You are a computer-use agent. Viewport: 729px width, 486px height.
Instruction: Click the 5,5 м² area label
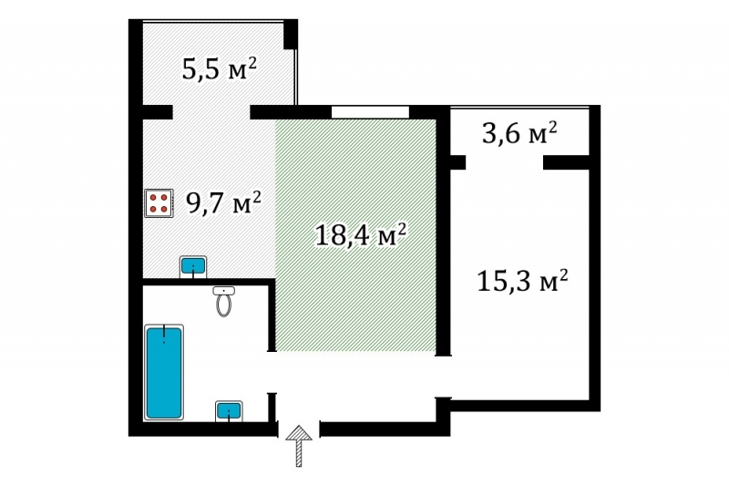[219, 68]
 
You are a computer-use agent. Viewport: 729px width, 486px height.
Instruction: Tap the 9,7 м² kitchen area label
[223, 202]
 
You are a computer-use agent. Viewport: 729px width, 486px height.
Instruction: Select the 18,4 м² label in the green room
[361, 234]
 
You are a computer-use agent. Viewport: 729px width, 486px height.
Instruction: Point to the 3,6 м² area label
[519, 133]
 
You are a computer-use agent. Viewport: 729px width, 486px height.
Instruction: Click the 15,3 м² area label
[522, 281]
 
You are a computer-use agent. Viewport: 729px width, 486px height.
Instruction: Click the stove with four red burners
[159, 203]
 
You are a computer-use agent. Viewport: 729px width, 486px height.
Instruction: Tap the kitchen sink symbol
[193, 266]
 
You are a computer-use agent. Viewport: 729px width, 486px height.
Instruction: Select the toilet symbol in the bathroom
[223, 302]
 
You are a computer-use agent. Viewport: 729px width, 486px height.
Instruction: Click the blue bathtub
[164, 373]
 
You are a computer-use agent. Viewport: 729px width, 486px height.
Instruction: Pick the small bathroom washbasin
[229, 411]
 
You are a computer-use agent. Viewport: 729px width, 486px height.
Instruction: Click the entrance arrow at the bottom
[299, 446]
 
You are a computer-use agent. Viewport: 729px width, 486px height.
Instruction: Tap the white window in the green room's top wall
[370, 112]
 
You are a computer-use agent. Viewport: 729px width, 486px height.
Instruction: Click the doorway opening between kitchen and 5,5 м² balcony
[211, 112]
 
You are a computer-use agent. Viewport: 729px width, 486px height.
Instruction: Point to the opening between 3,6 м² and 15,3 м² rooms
[505, 162]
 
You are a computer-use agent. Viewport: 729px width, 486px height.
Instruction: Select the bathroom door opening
[272, 372]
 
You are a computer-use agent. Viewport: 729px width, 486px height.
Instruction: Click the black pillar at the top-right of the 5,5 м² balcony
[291, 34]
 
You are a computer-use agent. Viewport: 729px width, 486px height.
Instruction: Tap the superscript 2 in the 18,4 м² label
[402, 228]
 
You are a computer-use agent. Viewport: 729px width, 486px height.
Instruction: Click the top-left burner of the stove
[153, 198]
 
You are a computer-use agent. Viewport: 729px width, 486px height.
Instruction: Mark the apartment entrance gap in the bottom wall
[299, 429]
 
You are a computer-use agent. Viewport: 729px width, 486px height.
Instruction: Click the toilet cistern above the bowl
[223, 291]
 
